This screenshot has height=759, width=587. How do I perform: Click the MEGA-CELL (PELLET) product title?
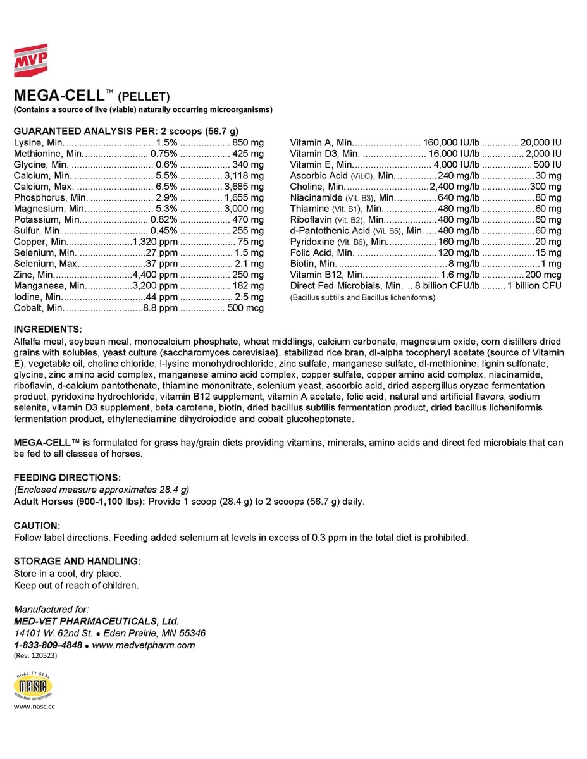[x=92, y=96]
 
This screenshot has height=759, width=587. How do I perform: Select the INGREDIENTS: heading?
[x=47, y=330]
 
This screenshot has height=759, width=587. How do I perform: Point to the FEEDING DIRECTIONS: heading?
[x=67, y=476]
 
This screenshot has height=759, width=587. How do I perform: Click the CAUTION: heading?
[x=37, y=526]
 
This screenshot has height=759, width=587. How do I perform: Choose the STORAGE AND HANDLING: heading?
[x=77, y=561]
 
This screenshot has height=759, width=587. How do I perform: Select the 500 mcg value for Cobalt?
[x=245, y=308]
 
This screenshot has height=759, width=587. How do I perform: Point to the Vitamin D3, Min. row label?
[x=324, y=154]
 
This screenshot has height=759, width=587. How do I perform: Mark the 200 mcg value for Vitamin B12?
[x=543, y=275]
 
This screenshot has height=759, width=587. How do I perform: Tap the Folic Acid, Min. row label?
[x=322, y=253]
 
